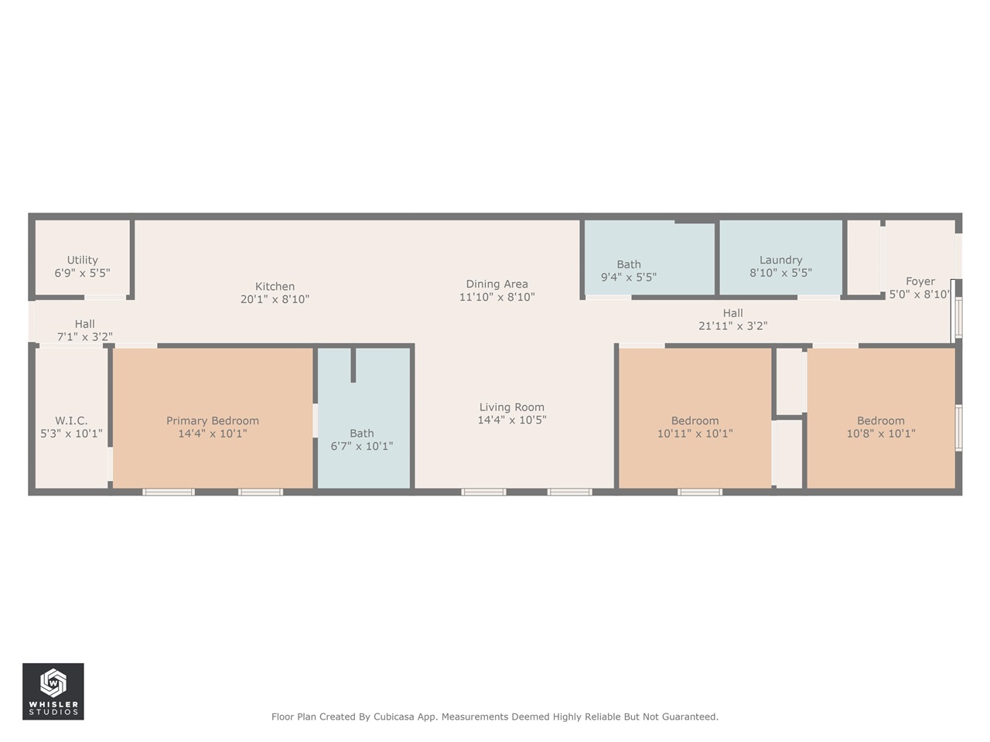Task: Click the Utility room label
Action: click(x=83, y=260)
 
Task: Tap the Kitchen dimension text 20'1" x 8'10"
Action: click(x=275, y=299)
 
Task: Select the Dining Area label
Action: click(x=497, y=284)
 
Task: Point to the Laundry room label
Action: click(x=780, y=260)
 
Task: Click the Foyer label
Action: click(x=920, y=281)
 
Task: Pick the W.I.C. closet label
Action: click(x=71, y=421)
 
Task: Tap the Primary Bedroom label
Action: click(x=213, y=421)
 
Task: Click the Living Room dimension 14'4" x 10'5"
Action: click(x=512, y=420)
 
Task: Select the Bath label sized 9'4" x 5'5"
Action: click(x=629, y=264)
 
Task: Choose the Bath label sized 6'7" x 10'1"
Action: click(x=362, y=434)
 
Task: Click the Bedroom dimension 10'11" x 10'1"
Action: click(x=695, y=434)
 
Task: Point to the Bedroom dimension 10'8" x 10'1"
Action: click(x=881, y=434)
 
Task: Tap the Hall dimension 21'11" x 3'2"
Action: click(x=732, y=326)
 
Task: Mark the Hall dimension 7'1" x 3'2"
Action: click(x=85, y=337)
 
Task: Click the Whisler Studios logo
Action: click(x=53, y=691)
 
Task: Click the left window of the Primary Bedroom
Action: click(x=169, y=492)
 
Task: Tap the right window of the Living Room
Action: click(x=570, y=492)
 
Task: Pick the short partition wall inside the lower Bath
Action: click(x=353, y=365)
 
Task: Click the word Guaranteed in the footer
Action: click(x=688, y=717)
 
